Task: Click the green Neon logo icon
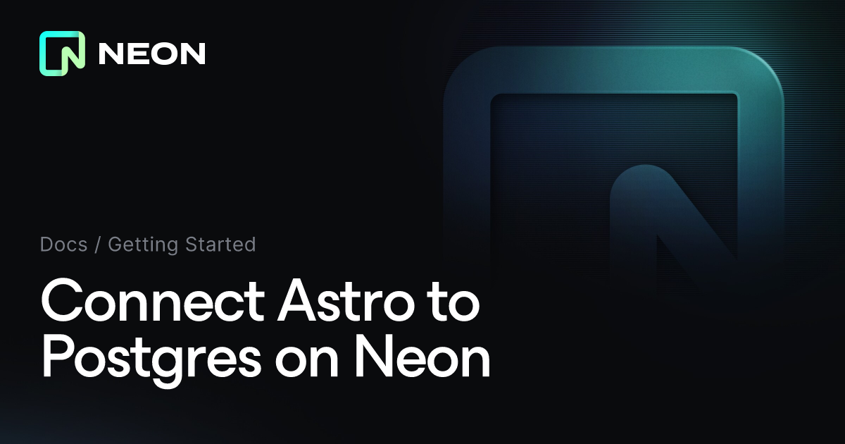click(x=62, y=53)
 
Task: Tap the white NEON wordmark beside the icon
click(x=151, y=54)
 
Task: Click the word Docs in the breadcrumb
click(x=63, y=245)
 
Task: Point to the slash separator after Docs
click(x=98, y=245)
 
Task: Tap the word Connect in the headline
click(x=151, y=301)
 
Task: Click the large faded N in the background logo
click(x=676, y=233)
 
